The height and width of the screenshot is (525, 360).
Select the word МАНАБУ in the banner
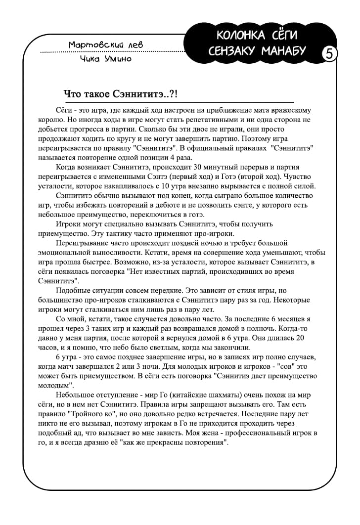(283, 51)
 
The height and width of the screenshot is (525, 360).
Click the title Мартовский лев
(106, 45)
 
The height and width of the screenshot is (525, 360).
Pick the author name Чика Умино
(105, 59)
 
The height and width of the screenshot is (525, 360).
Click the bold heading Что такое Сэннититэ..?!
(121, 93)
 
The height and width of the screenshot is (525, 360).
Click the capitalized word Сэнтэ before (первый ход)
(155, 177)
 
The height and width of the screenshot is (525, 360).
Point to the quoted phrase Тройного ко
(87, 414)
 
